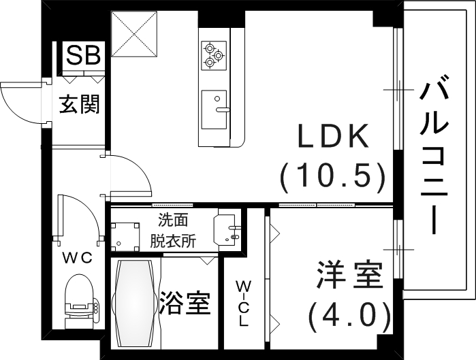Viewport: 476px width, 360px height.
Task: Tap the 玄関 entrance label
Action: pos(79,104)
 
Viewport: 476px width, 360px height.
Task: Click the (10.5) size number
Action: pos(333,177)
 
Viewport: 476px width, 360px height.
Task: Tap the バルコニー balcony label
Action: pos(435,156)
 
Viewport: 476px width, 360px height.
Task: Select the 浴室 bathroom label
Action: pos(184,303)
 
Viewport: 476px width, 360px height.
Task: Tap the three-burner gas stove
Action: pos(214,54)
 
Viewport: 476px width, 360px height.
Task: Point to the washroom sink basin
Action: pos(227,229)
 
